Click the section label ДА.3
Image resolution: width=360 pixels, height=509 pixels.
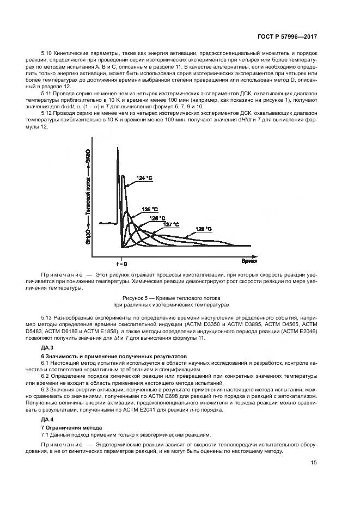coord(47,347)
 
